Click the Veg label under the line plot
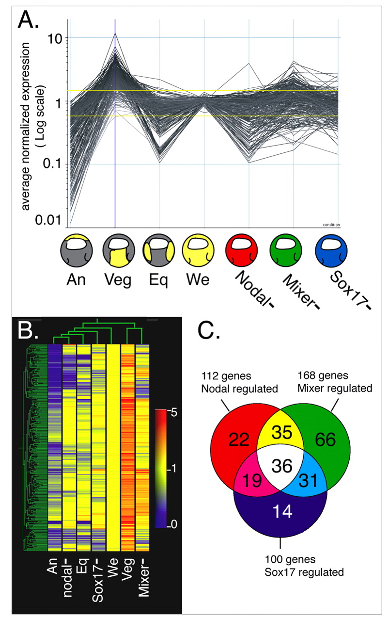click(x=114, y=281)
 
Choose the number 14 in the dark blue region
click(x=281, y=512)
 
